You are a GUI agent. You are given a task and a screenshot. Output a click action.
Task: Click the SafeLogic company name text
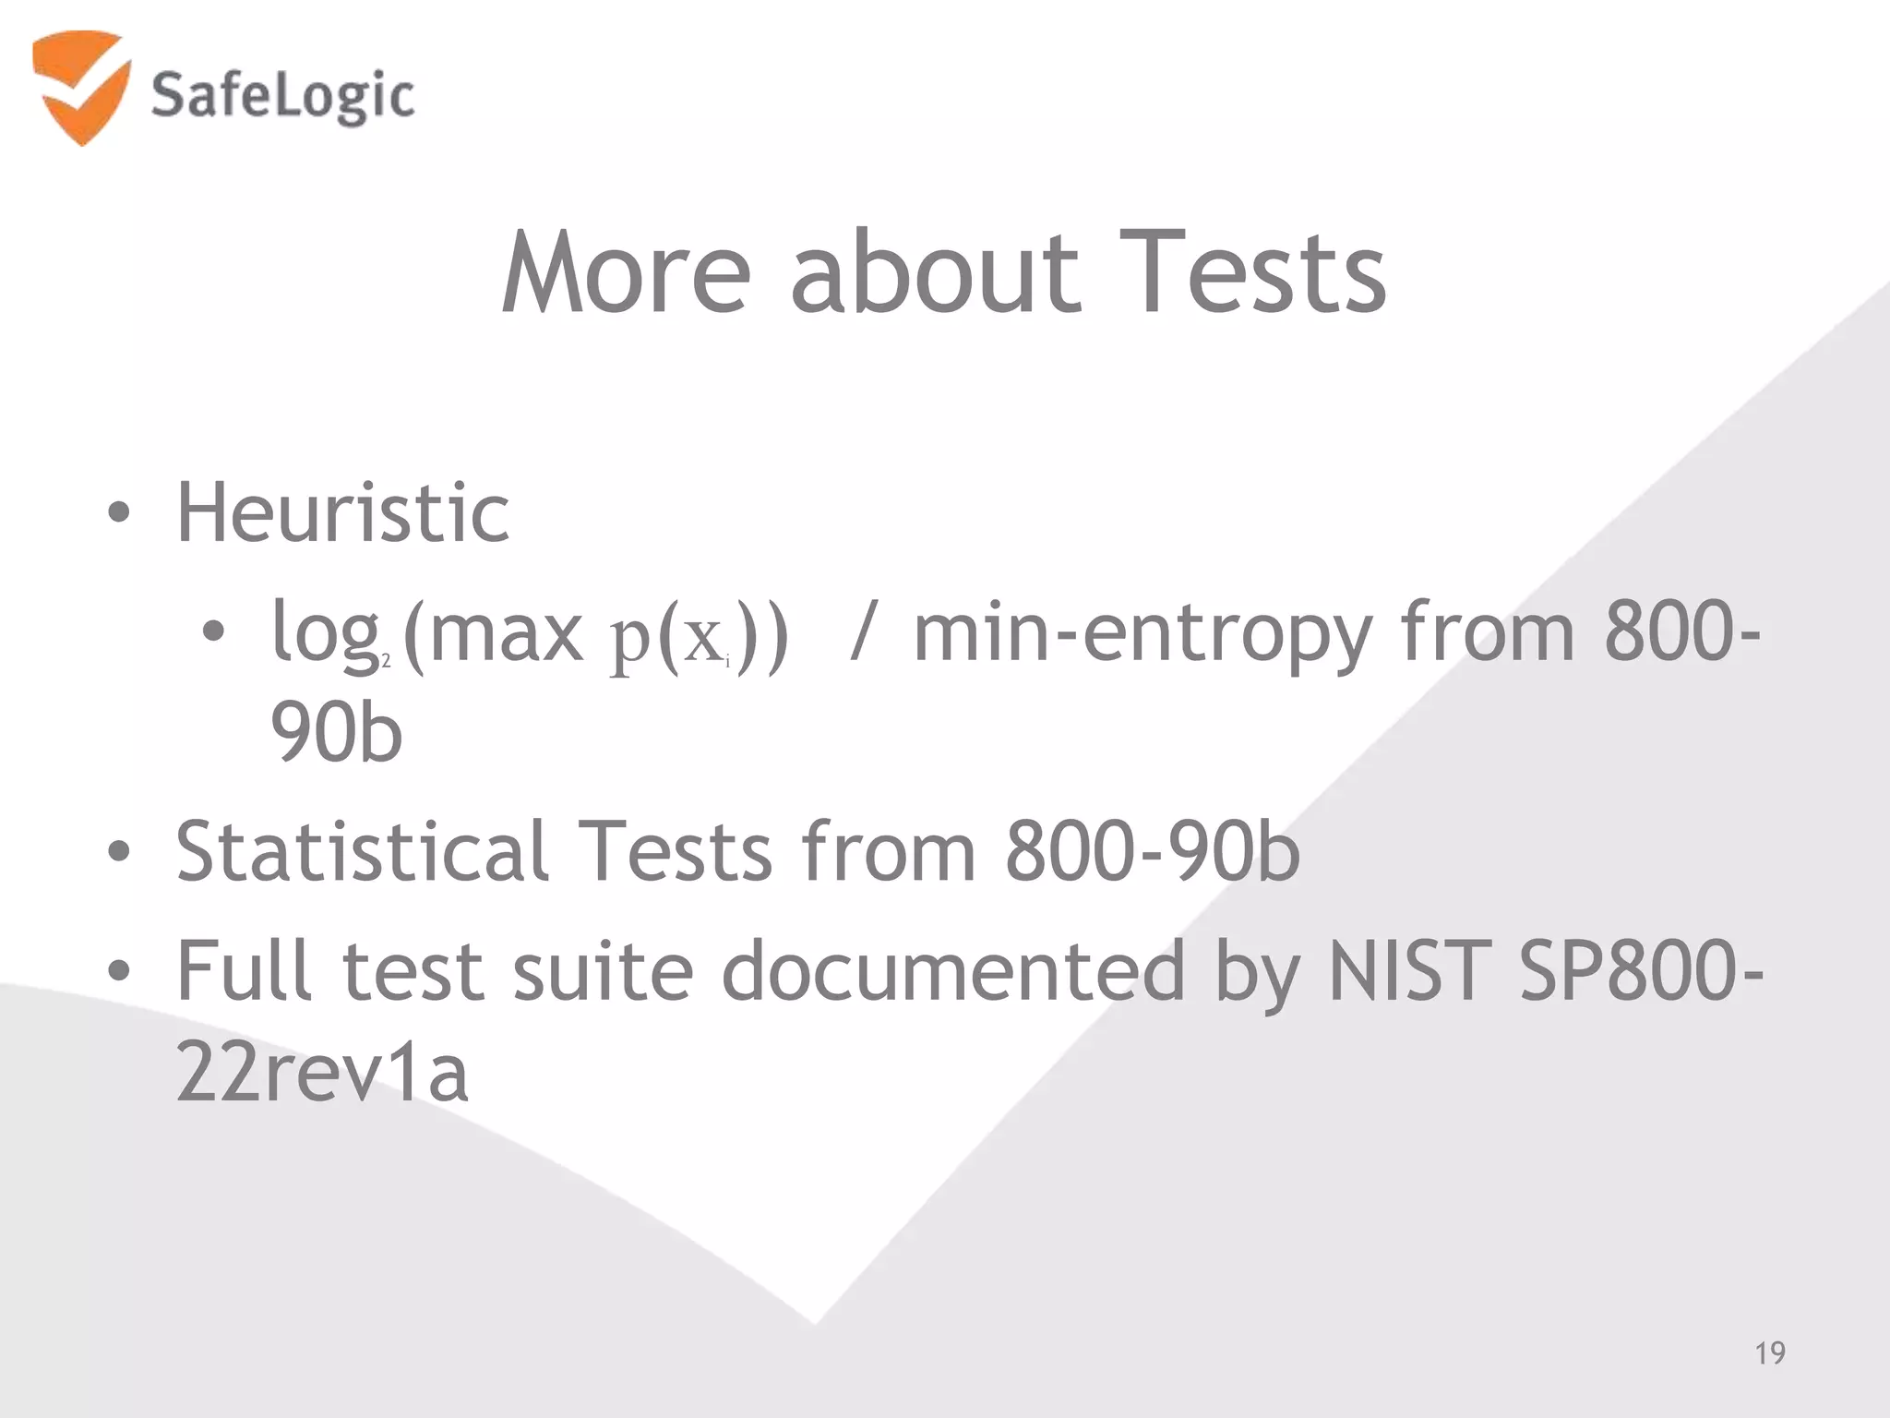pos(281,96)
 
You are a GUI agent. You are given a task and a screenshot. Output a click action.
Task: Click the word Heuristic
pos(342,513)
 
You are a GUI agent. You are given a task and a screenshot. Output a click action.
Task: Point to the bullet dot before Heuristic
pos(119,513)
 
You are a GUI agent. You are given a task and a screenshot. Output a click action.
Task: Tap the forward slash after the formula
pos(861,633)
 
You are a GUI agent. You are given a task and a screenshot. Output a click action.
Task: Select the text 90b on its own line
pos(337,733)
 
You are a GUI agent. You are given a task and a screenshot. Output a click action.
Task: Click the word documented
pos(952,971)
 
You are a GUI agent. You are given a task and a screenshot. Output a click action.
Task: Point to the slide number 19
pos(1769,1353)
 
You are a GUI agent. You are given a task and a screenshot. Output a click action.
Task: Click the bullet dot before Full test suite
pos(119,971)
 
